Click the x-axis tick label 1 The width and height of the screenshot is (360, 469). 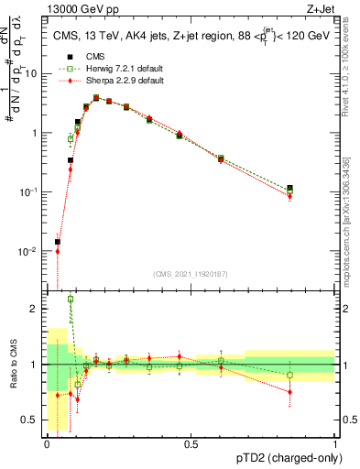pyautogui.click(x=334, y=443)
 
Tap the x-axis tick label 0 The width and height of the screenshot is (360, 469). pyautogui.click(x=47, y=443)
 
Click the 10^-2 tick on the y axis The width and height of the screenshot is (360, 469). pyautogui.click(x=29, y=251)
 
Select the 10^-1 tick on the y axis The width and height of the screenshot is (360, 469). pyautogui.click(x=29, y=191)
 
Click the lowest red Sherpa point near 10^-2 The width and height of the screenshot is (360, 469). pyautogui.click(x=58, y=251)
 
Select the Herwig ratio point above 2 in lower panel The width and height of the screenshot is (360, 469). pyautogui.click(x=71, y=300)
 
